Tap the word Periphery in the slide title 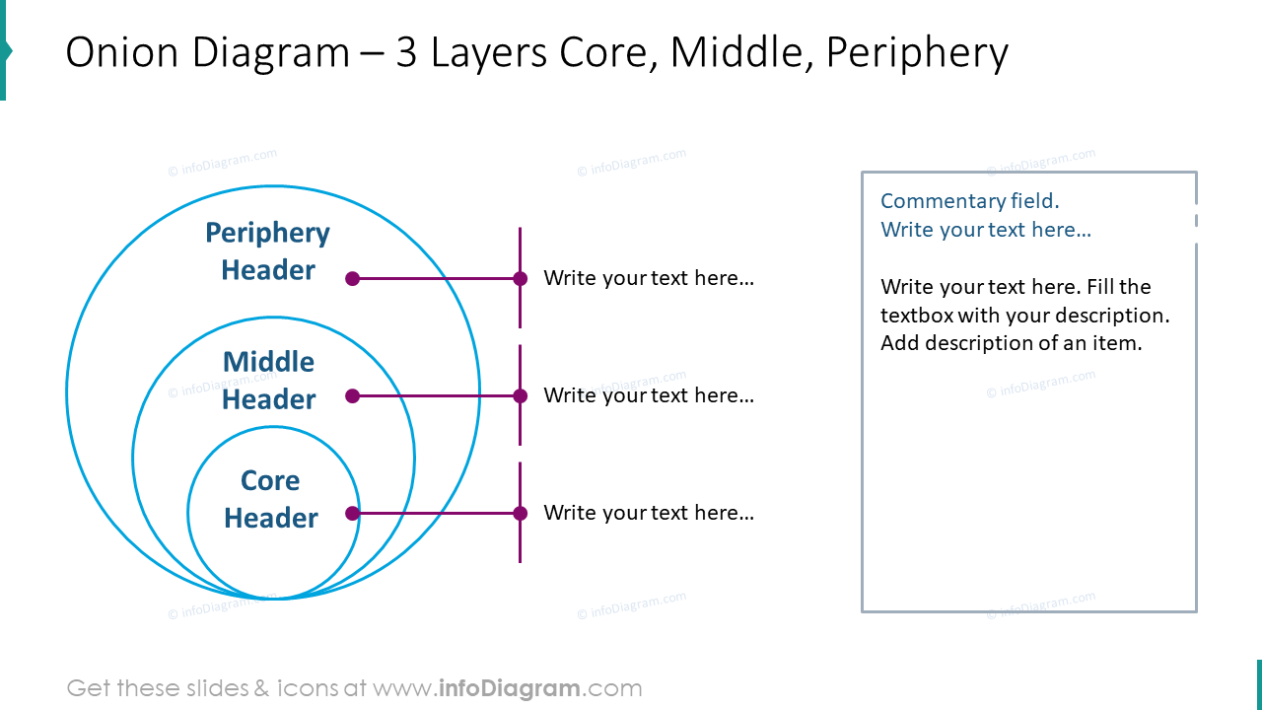tap(917, 53)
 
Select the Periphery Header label tap(267, 251)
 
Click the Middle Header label tap(268, 381)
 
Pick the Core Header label tap(270, 499)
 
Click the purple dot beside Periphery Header tap(352, 279)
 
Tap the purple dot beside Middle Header tap(352, 396)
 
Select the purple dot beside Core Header tap(352, 513)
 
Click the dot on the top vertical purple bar tap(520, 279)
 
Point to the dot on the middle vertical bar tap(520, 396)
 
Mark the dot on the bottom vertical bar tap(520, 513)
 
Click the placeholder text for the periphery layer tap(648, 278)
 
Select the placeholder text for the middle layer tap(648, 395)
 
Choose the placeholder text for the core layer tap(648, 513)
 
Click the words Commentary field tap(969, 201)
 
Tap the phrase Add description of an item tap(1011, 344)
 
